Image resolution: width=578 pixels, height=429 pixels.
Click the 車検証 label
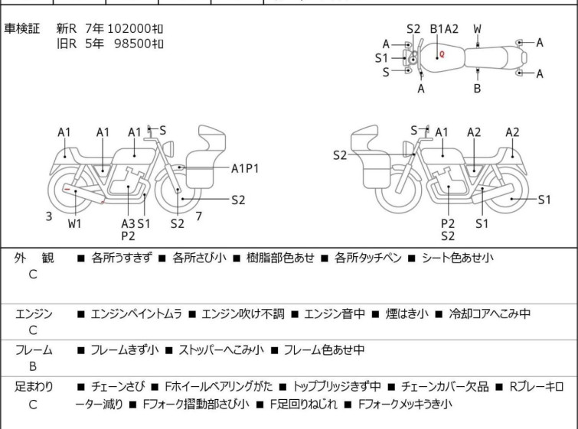(x=21, y=28)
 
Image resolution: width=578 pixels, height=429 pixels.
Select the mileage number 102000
(x=129, y=28)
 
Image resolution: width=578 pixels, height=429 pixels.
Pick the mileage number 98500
(x=132, y=44)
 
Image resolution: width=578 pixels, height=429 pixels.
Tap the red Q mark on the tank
(x=442, y=54)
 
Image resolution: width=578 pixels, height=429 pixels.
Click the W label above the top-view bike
(x=477, y=29)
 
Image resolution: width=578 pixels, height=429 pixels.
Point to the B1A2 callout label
(x=444, y=29)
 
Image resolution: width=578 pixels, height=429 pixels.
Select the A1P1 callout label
(x=245, y=169)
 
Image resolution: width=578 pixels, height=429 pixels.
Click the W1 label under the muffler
(x=74, y=223)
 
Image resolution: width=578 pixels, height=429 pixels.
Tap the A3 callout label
(x=128, y=223)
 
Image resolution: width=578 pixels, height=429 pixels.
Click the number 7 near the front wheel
(x=199, y=216)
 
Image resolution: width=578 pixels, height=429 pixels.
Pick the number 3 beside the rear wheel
(x=49, y=216)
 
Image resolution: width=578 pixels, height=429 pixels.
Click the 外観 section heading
(x=34, y=258)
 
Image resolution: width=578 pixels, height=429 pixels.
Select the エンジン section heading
(x=34, y=314)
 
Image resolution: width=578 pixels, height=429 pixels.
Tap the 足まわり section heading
(x=34, y=387)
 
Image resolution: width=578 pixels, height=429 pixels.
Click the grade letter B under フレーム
(x=33, y=366)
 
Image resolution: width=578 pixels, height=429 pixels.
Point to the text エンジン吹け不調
(x=243, y=314)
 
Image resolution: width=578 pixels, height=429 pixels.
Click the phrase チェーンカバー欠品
(x=445, y=387)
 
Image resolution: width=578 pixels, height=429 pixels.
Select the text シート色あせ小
(x=458, y=258)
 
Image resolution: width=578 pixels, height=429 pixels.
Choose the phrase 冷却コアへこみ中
(x=489, y=314)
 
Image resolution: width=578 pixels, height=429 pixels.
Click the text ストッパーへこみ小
(x=221, y=349)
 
